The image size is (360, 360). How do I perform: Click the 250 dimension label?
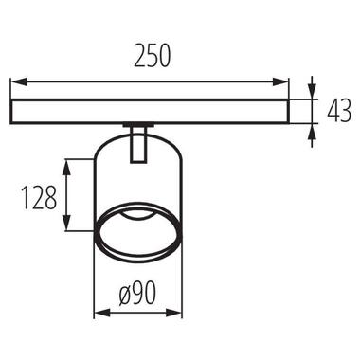click(x=152, y=56)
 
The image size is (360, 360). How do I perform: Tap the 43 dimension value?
click(x=339, y=111)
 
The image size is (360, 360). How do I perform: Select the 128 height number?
click(x=39, y=198)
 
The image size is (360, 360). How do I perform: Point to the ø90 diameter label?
click(x=138, y=293)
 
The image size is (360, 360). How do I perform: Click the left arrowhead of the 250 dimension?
click(x=18, y=81)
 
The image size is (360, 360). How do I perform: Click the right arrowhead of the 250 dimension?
click(x=280, y=81)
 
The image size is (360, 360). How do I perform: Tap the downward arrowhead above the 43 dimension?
click(x=312, y=92)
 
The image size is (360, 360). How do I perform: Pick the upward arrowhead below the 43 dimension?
click(x=312, y=131)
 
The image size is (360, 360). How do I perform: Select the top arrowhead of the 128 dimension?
click(x=66, y=168)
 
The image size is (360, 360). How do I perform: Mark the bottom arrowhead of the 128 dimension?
click(x=66, y=223)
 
